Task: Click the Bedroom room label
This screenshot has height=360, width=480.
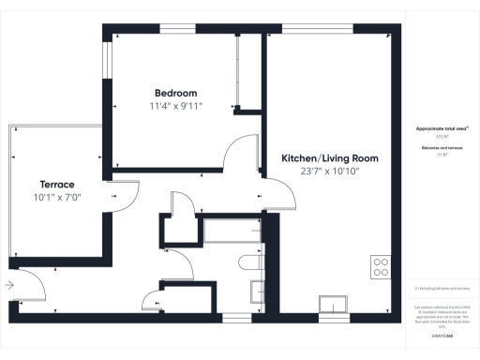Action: tap(175, 93)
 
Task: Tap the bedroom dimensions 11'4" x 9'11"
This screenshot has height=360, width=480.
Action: tap(175, 106)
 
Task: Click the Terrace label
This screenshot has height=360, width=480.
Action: tap(56, 185)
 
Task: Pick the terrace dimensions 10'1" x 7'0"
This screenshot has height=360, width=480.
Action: tap(56, 198)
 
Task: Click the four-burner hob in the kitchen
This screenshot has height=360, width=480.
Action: tap(381, 266)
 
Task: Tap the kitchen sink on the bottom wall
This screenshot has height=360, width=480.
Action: tap(333, 304)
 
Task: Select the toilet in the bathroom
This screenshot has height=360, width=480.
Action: tap(249, 262)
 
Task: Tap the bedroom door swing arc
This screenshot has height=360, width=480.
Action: tap(242, 150)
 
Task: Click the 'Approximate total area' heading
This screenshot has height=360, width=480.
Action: tap(441, 127)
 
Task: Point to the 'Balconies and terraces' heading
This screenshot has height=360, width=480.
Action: tap(441, 149)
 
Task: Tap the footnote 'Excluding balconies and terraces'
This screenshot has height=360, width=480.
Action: tap(441, 288)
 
